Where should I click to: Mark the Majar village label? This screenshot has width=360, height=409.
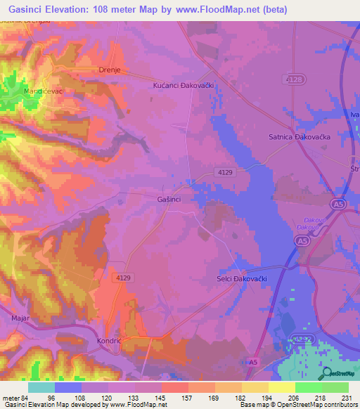click(20, 318)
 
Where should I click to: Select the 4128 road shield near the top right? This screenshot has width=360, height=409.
click(296, 80)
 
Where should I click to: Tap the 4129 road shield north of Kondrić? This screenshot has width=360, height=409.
click(124, 278)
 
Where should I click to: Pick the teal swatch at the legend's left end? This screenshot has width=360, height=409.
click(41, 387)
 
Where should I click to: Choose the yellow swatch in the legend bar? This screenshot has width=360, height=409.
click(282, 387)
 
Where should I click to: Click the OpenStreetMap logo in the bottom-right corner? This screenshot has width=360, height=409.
click(339, 373)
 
